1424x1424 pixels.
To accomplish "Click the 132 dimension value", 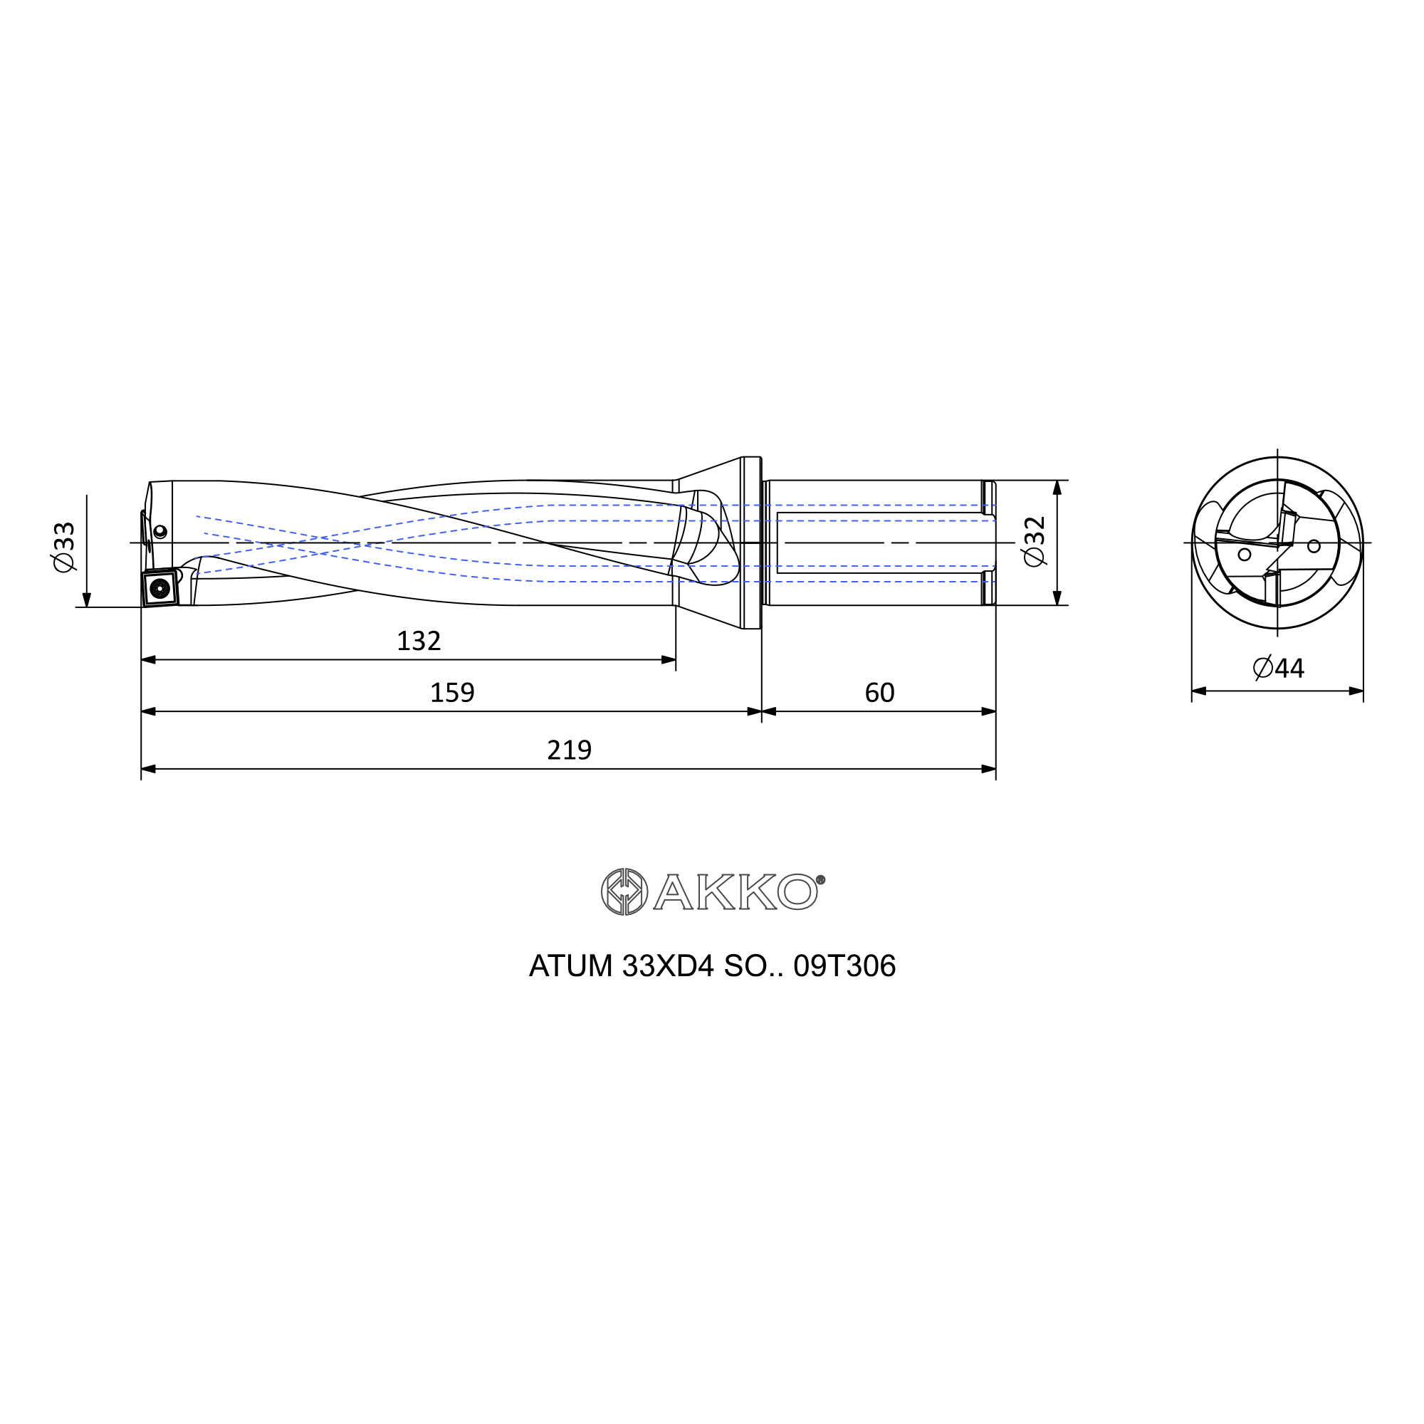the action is (419, 642).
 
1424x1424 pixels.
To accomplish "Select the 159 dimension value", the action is (452, 693).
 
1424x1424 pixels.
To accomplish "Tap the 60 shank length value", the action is (879, 693).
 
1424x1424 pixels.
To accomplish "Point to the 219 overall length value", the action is (569, 750).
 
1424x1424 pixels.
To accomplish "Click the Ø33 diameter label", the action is (64, 546).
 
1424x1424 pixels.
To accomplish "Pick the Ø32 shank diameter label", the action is (1035, 542).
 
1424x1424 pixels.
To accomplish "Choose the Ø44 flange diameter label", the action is (1278, 669).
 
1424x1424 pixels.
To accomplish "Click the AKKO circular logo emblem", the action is (624, 892).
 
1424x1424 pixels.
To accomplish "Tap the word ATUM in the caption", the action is (570, 966).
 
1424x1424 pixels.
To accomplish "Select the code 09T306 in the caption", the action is (844, 966).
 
